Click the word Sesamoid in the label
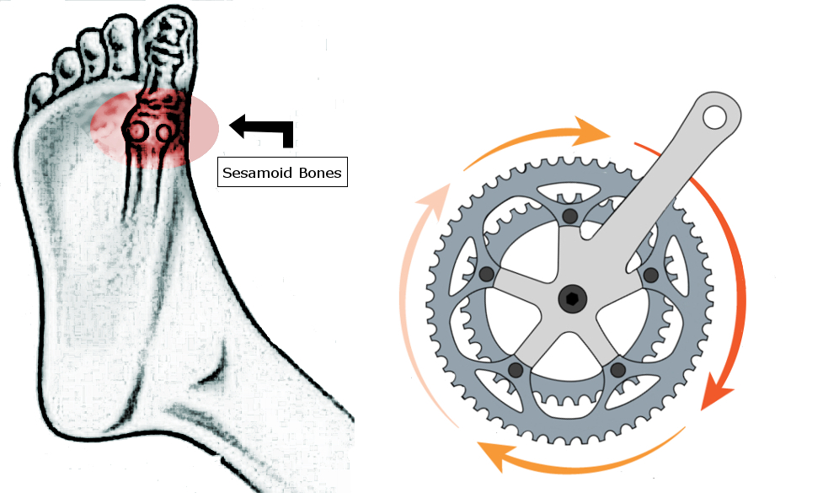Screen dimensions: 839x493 [x=253, y=174]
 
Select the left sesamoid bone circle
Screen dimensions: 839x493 [x=137, y=131]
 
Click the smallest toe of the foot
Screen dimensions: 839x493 [x=39, y=89]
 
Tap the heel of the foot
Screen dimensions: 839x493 [x=84, y=413]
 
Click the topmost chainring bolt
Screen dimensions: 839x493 [x=571, y=217]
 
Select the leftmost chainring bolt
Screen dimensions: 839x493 [x=485, y=275]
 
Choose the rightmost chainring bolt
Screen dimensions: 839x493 [x=649, y=275]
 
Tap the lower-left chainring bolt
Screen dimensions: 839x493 [x=516, y=369]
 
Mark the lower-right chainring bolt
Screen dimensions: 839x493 [x=618, y=369]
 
